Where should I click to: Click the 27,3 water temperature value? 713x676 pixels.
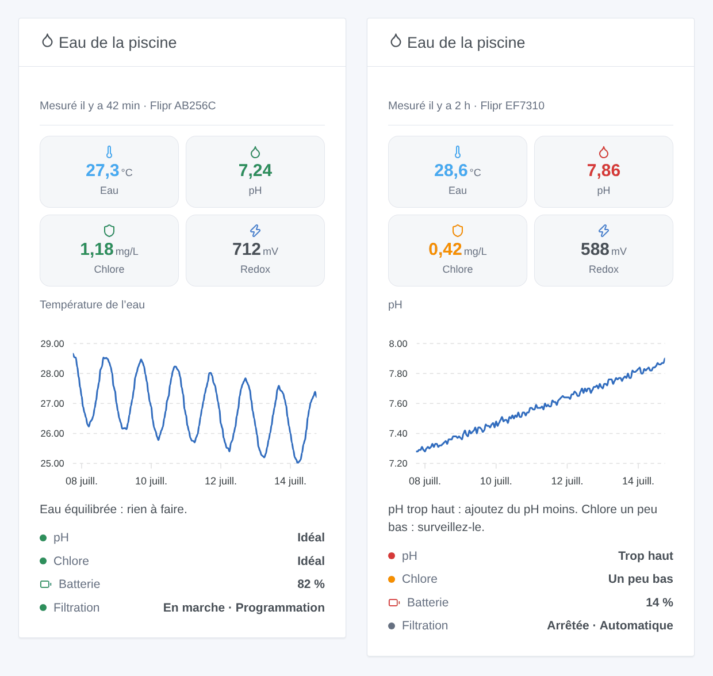tap(102, 170)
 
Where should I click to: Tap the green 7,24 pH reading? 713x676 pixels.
tap(255, 170)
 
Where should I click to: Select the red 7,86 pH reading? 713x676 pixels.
tap(604, 170)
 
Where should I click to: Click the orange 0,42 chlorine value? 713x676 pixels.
tap(445, 249)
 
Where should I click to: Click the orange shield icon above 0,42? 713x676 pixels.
tap(457, 230)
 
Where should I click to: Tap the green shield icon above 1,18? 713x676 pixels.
tap(109, 230)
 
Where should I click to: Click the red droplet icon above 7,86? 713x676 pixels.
tap(604, 152)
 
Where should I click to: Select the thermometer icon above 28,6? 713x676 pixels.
tap(457, 152)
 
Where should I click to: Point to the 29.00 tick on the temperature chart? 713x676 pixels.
tap(52, 343)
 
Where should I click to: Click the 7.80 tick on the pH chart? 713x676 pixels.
tap(398, 373)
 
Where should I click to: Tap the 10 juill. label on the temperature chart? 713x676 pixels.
tap(151, 481)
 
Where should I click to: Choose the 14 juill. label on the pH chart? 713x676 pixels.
tap(638, 481)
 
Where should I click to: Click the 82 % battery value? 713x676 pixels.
tap(311, 584)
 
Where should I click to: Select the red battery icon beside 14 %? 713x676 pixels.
tap(394, 602)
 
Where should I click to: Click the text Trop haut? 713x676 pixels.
tap(646, 556)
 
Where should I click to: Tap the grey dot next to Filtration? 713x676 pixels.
tap(392, 625)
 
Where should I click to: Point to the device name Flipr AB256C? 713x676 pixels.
tap(183, 106)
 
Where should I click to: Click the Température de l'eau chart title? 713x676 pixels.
tap(92, 304)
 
